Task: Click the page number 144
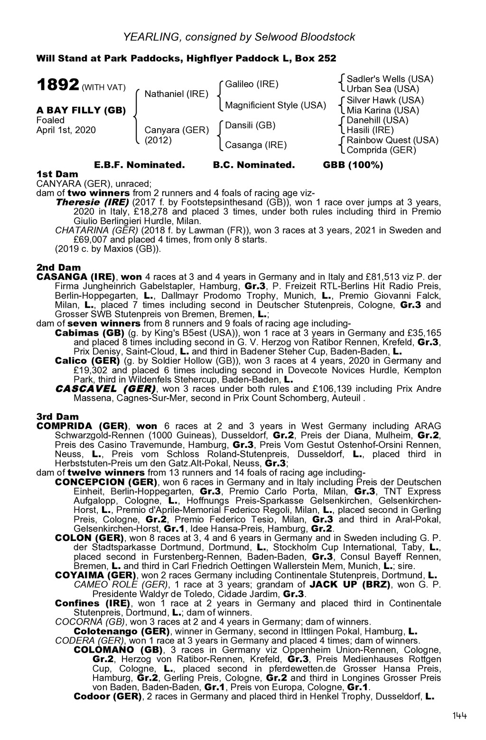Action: tap(459, 716)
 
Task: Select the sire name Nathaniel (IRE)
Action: tap(176, 94)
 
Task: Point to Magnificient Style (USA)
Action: tap(275, 105)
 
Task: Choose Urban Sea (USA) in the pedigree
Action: tap(383, 89)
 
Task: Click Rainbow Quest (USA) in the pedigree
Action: tap(393, 140)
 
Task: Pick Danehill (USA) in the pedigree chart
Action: tap(377, 120)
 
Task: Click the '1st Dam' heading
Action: tap(57, 174)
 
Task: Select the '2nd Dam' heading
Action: tap(58, 267)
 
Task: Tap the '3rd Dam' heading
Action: tap(58, 417)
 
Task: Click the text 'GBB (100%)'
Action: tap(353, 165)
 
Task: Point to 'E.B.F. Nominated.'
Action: tap(139, 165)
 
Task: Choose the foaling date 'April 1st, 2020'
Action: tap(66, 130)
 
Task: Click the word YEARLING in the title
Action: tap(151, 37)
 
